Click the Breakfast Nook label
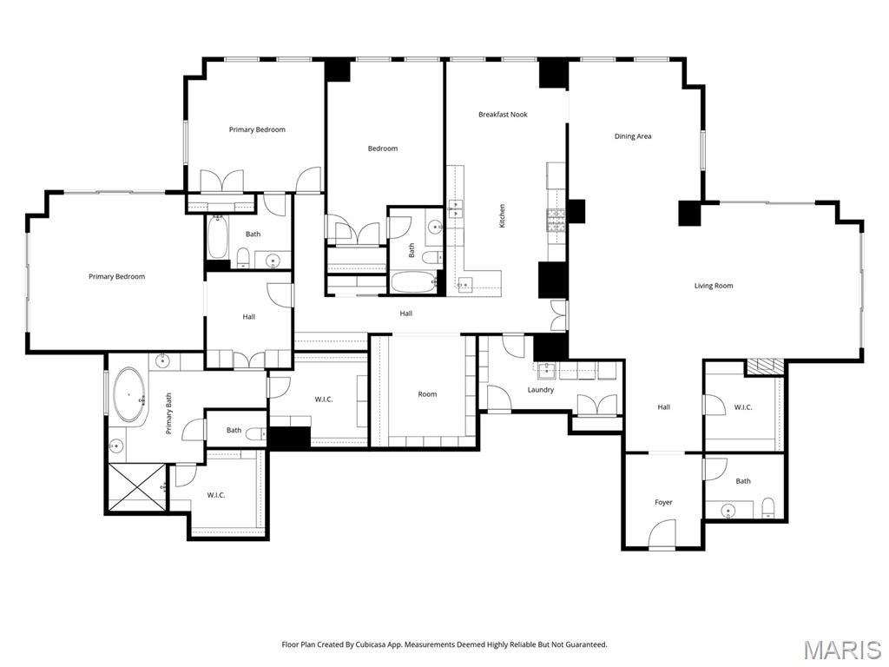tap(503, 115)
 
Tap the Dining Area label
tap(633, 136)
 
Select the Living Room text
tap(714, 286)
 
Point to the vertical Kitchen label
tap(502, 216)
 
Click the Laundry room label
tap(541, 390)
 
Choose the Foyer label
tap(663, 502)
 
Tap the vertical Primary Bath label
tap(169, 413)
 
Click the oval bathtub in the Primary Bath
tap(130, 395)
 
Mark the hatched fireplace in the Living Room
tap(765, 367)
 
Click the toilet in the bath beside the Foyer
tap(767, 507)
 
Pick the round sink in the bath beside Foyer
tap(728, 509)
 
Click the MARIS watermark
tap(841, 649)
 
